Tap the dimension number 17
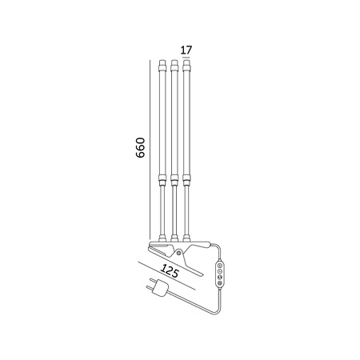186,50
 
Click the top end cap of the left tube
162,66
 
